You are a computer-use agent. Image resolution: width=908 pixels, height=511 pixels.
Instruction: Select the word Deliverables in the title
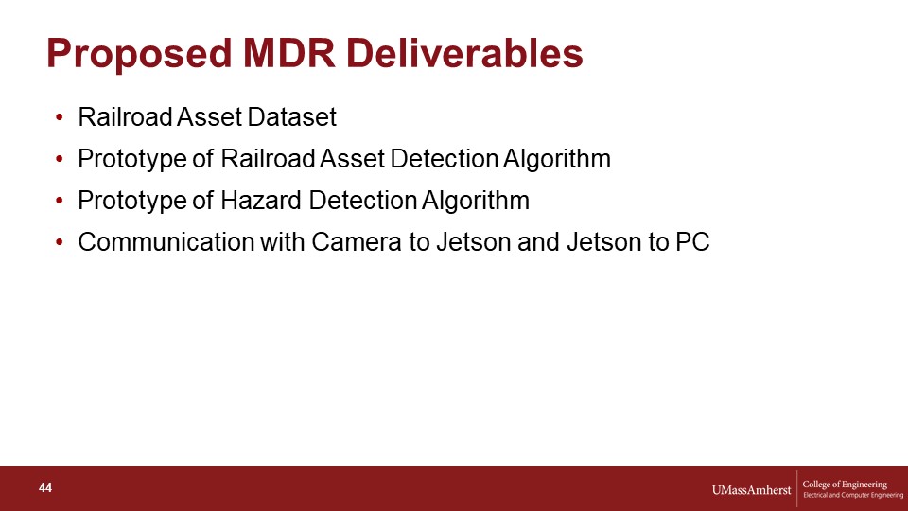click(464, 53)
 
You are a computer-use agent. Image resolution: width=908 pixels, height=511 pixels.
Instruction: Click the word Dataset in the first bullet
click(292, 117)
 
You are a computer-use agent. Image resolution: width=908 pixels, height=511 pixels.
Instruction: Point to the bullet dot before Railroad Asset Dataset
click(59, 117)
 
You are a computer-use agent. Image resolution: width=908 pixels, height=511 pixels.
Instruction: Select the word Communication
click(166, 242)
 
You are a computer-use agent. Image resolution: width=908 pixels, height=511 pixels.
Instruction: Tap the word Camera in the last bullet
click(357, 242)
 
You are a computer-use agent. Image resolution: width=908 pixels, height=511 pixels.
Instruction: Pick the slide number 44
click(45, 488)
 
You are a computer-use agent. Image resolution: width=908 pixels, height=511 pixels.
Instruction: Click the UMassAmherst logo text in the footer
click(751, 490)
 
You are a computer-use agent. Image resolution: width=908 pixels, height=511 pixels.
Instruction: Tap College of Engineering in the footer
click(845, 485)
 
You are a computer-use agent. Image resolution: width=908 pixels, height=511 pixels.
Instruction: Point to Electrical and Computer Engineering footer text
click(853, 495)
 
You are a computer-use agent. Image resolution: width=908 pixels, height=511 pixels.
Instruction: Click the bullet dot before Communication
click(59, 243)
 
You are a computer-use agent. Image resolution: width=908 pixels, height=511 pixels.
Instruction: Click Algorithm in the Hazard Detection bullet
click(476, 201)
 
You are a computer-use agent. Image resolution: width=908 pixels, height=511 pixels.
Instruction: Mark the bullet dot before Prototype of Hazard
click(59, 201)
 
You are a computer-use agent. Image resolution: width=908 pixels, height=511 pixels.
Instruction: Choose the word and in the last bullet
click(539, 242)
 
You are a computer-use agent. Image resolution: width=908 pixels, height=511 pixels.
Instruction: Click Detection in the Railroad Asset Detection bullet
click(445, 159)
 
